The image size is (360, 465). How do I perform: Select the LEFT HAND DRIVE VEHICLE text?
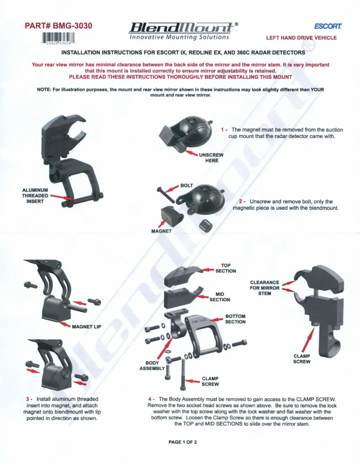[301, 38]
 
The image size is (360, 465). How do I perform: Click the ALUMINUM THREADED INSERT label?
[35, 196]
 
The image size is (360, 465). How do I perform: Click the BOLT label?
[186, 185]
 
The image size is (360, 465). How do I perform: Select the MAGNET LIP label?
[87, 326]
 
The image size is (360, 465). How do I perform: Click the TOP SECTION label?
[226, 268]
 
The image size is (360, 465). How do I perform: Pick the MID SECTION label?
[220, 296]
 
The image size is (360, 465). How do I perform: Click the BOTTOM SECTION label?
[235, 319]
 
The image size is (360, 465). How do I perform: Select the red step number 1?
[222, 129]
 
